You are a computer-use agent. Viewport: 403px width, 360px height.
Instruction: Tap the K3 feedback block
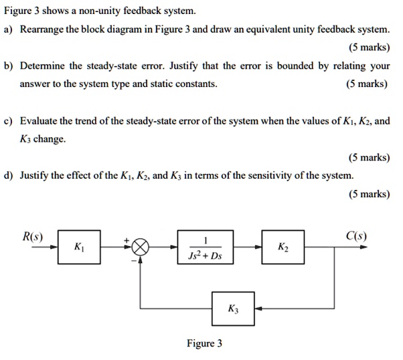pyautogui.click(x=232, y=309)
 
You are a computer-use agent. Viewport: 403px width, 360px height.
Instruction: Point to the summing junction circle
pyautogui.click(x=141, y=248)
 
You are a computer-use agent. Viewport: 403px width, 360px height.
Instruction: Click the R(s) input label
pyautogui.click(x=32, y=236)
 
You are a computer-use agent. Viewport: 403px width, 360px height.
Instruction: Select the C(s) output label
pyautogui.click(x=355, y=236)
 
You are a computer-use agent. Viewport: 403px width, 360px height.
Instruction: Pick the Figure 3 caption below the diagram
pyautogui.click(x=205, y=343)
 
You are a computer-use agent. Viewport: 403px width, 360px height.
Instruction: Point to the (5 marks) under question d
pyautogui.click(x=369, y=194)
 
